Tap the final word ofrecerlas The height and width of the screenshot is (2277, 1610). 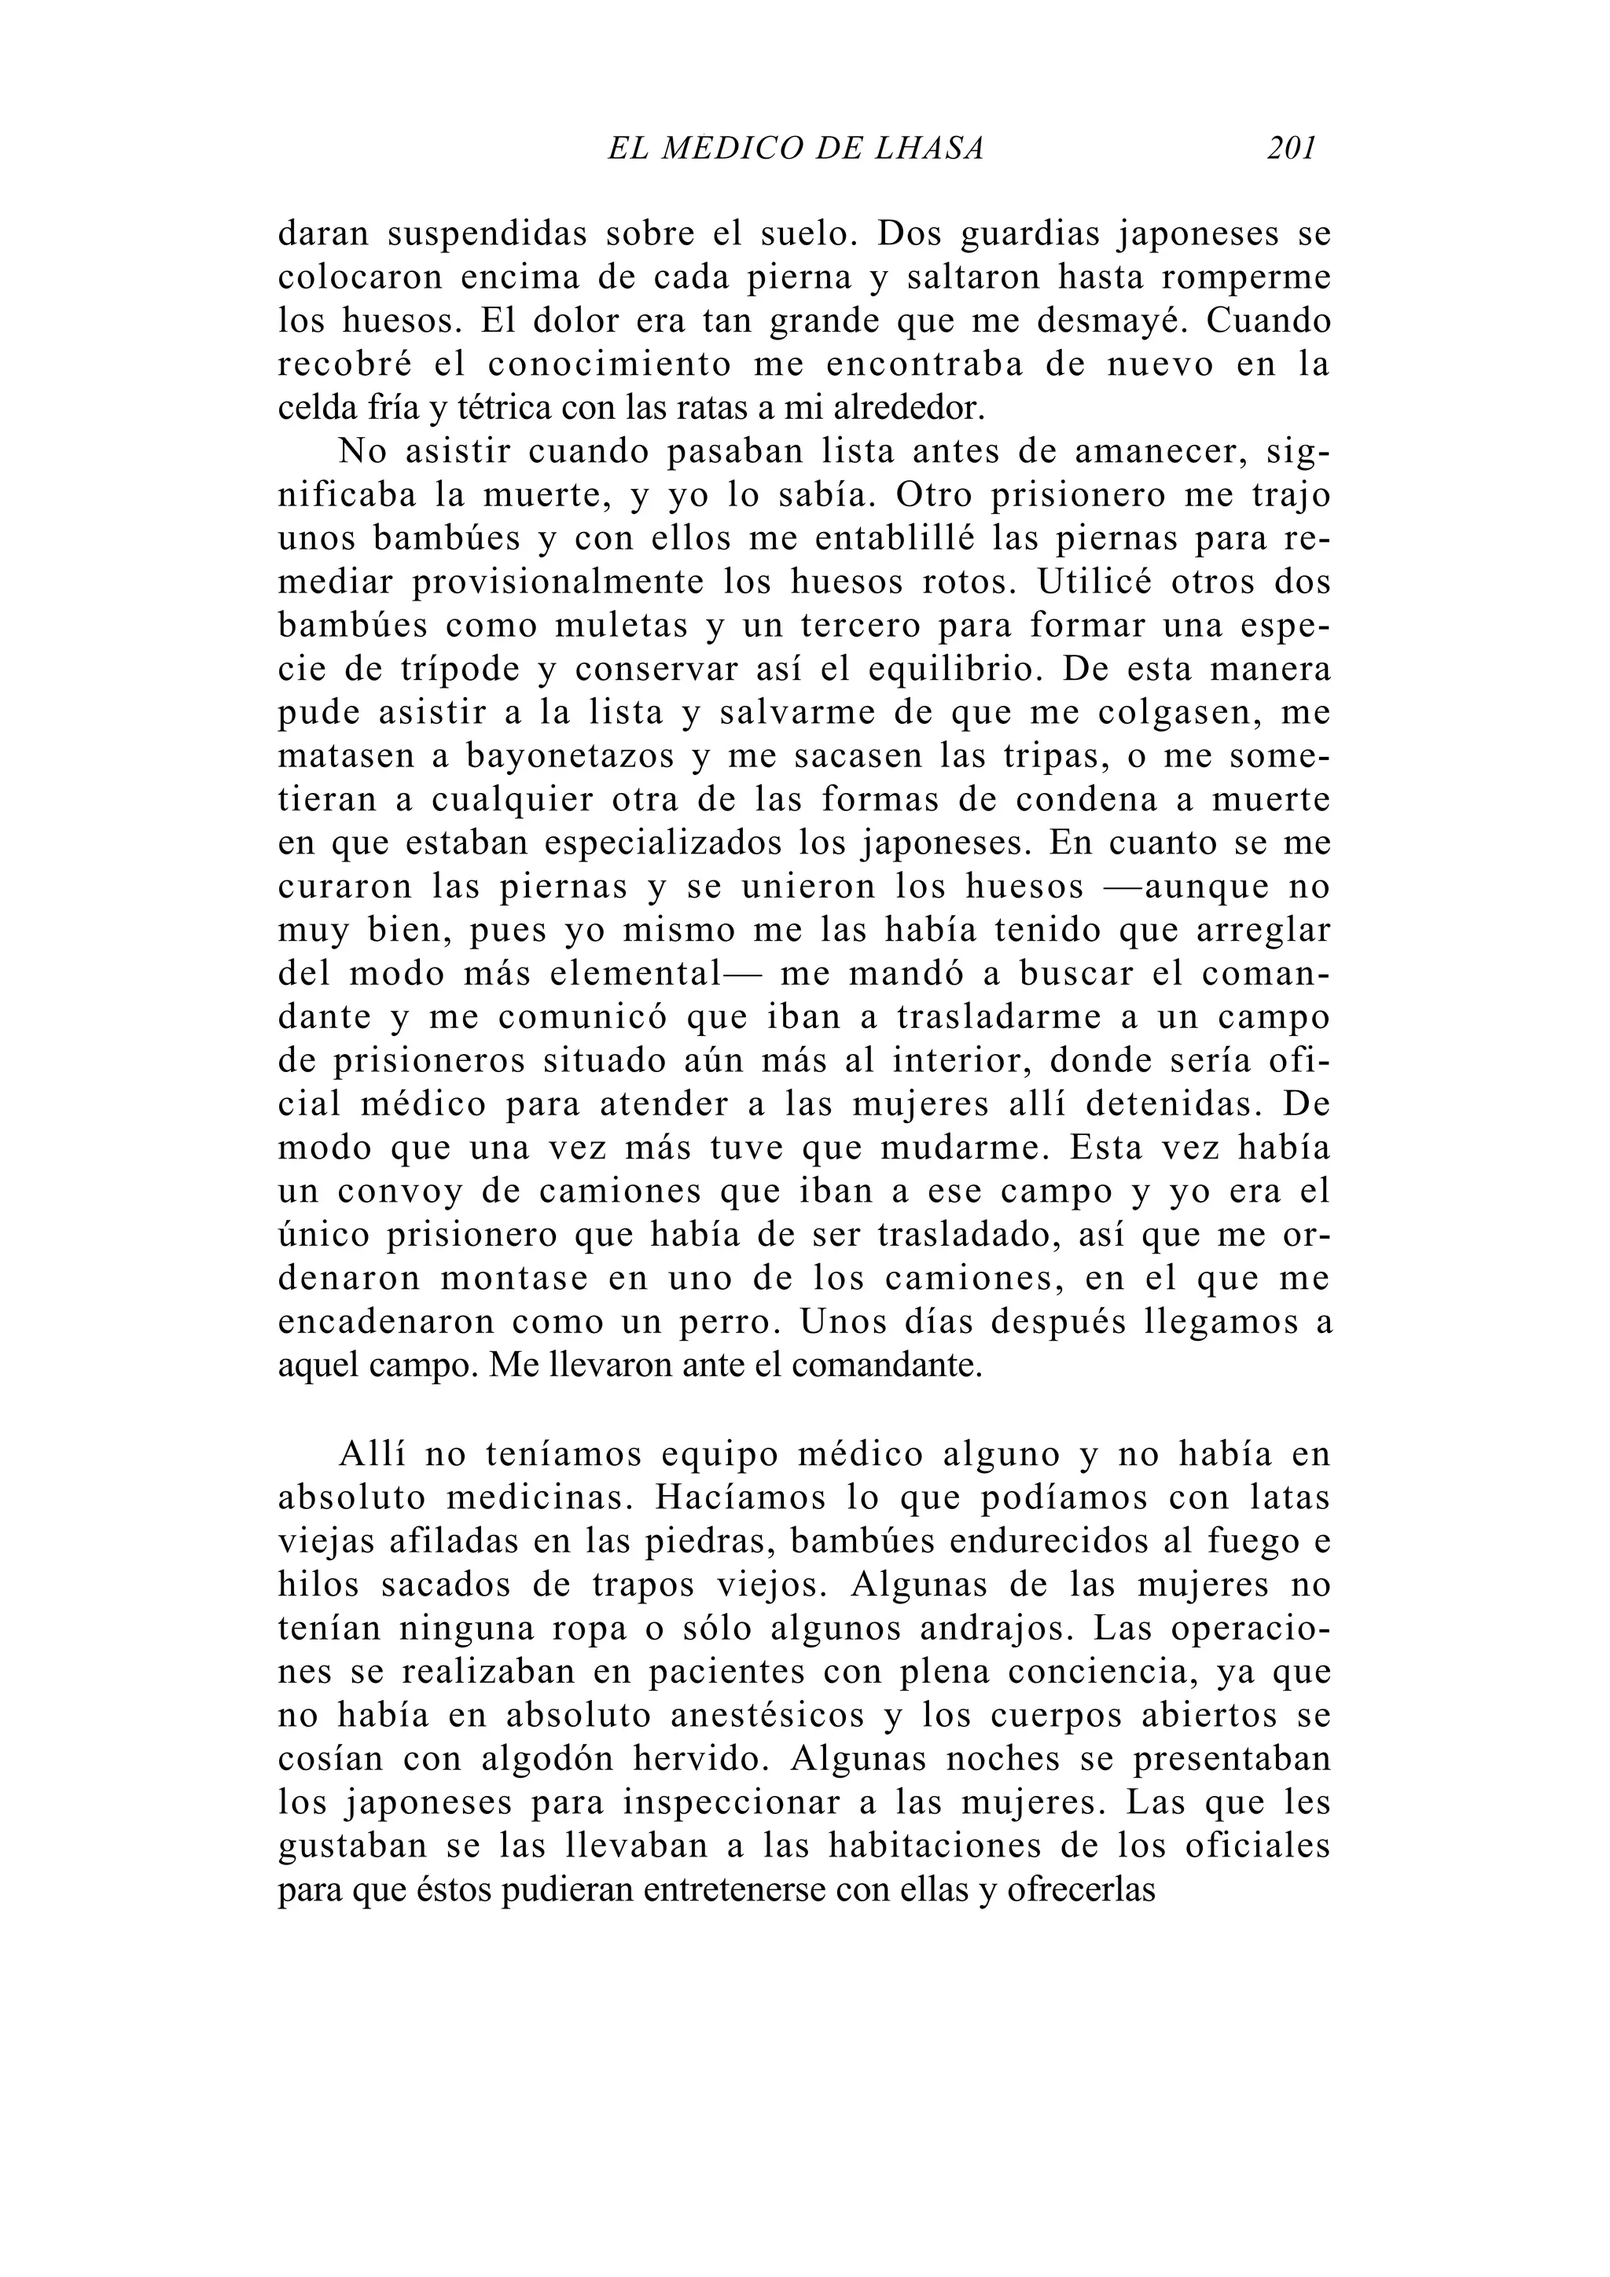pyautogui.click(x=1081, y=1890)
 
